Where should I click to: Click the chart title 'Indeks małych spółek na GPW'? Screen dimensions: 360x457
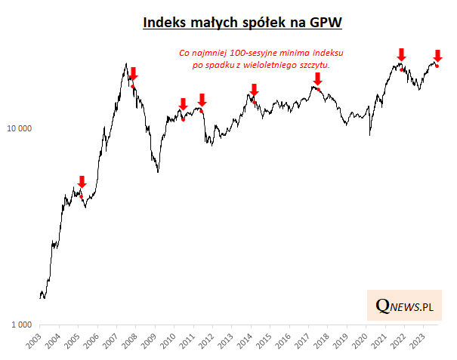[x=242, y=24]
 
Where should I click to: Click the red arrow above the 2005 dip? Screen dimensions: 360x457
[x=82, y=182]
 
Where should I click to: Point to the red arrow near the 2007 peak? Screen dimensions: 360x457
[x=134, y=73]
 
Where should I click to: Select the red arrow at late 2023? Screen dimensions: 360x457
[x=437, y=55]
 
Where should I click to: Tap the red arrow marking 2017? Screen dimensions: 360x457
[x=317, y=78]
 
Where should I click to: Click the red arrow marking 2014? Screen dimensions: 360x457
[x=254, y=91]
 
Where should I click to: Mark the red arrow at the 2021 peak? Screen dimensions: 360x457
[x=401, y=54]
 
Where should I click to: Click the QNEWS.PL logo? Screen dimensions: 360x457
[x=405, y=306]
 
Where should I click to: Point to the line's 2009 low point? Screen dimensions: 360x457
[x=158, y=171]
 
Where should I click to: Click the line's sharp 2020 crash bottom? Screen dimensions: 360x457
[x=369, y=135]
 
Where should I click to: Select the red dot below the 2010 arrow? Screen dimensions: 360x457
[x=184, y=119]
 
